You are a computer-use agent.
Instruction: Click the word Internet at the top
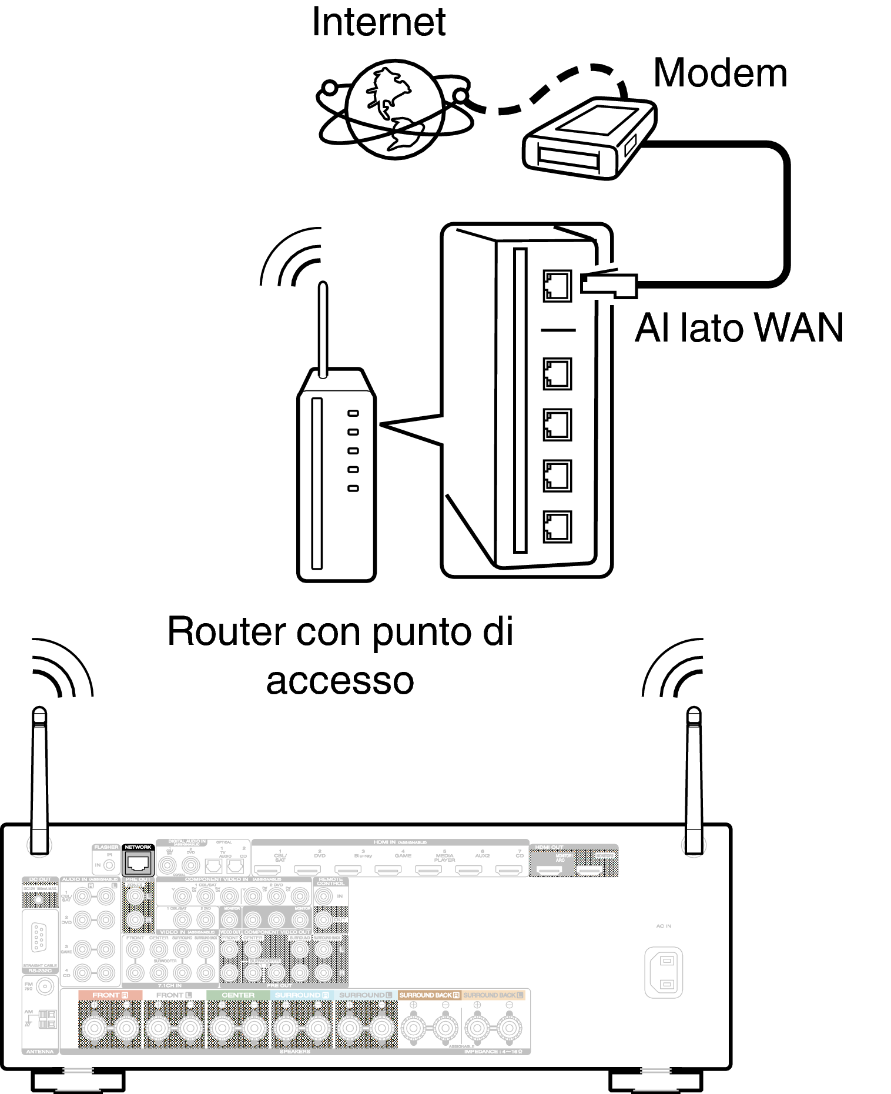click(x=378, y=22)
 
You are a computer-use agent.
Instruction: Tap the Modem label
click(x=720, y=73)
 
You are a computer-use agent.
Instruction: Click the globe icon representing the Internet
click(x=394, y=109)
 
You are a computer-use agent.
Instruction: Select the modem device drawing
click(x=588, y=139)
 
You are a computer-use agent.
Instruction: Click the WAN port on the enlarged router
click(x=557, y=286)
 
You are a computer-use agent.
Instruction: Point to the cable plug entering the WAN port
click(x=608, y=285)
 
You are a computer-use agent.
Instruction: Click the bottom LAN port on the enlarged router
click(x=557, y=526)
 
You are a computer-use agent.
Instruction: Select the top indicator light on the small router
click(x=353, y=413)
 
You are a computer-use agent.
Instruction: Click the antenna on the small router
click(x=322, y=329)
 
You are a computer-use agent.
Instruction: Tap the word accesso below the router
click(x=340, y=681)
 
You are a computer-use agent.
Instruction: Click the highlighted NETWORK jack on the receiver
click(x=138, y=863)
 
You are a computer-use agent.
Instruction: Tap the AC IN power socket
click(x=664, y=972)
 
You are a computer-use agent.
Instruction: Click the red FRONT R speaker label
click(x=110, y=995)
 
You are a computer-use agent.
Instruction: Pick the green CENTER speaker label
click(x=238, y=995)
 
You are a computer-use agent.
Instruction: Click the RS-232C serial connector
click(x=39, y=937)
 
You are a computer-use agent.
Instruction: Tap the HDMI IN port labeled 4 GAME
click(x=388, y=869)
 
